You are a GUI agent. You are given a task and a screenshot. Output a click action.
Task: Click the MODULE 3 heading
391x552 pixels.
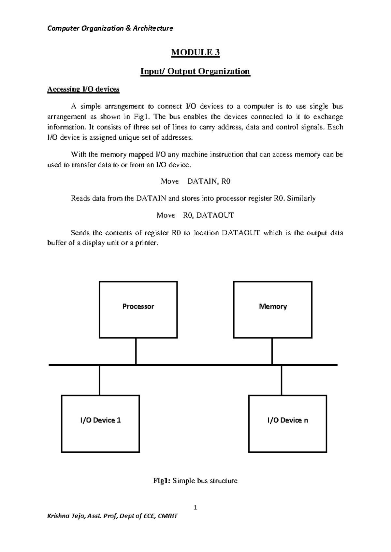[x=195, y=52]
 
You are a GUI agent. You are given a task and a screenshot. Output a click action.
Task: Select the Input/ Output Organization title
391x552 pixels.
[x=195, y=71]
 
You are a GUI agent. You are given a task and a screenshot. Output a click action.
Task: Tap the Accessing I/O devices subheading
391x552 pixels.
[x=83, y=89]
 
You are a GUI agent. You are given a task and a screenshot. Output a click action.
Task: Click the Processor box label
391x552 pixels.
[x=138, y=307]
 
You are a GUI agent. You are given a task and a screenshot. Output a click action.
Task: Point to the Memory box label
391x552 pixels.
[x=273, y=307]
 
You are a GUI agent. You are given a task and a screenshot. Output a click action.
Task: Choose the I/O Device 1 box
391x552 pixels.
[x=100, y=423]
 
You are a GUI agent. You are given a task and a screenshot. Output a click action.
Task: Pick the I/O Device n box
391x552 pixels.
[x=287, y=423]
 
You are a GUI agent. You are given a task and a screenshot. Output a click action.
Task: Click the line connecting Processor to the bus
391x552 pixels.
[x=136, y=351]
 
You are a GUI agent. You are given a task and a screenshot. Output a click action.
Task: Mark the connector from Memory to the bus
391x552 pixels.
[x=272, y=351]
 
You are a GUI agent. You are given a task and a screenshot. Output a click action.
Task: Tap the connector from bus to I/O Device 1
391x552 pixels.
[x=99, y=380]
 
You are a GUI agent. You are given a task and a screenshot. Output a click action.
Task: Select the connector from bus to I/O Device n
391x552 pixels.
[x=282, y=380]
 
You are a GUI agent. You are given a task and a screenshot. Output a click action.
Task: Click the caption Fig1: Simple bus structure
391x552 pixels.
[x=195, y=481]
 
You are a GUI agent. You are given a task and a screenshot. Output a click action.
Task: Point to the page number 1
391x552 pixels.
[x=195, y=507]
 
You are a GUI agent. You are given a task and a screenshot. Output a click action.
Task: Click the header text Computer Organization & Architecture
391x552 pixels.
[x=110, y=28]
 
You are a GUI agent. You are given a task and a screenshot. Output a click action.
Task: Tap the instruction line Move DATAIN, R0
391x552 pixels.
[x=195, y=182]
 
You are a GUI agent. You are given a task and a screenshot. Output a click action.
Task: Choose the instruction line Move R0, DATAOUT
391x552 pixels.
[x=195, y=215]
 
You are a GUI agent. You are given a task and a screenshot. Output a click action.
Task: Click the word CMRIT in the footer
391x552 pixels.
[x=167, y=516]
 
